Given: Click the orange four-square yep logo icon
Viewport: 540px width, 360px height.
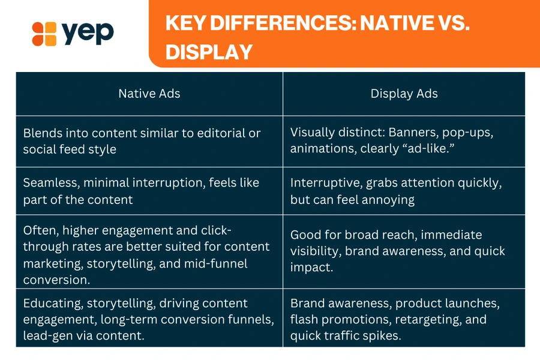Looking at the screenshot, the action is coord(44,34).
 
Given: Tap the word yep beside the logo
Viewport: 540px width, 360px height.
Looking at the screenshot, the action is coord(88,32).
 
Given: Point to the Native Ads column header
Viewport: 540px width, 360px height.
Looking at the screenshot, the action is coord(149,94).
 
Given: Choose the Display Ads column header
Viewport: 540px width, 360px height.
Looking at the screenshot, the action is coord(404,94).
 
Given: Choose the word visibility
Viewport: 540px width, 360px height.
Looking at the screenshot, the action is coord(316,251).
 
